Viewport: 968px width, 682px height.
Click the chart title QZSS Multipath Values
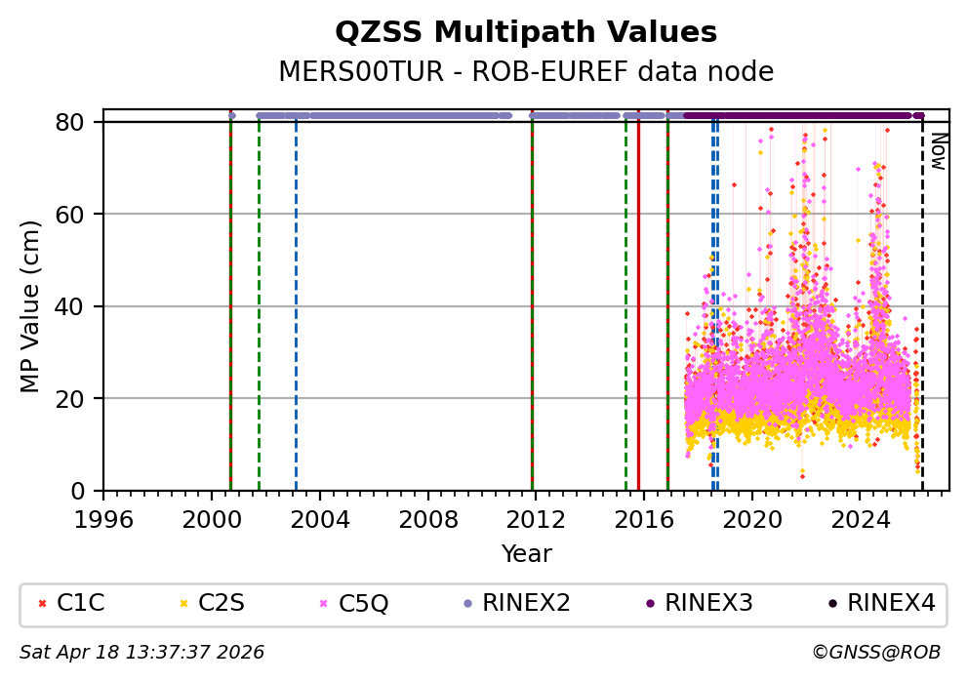pyautogui.click(x=526, y=33)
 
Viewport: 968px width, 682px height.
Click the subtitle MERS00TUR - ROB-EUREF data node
pyautogui.click(x=526, y=72)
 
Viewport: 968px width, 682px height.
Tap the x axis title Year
pyautogui.click(x=526, y=555)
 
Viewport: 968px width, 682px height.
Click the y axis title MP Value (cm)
pyautogui.click(x=31, y=306)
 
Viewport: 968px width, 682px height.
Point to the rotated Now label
pyautogui.click(x=937, y=151)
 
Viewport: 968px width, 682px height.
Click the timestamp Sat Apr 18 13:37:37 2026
pyautogui.click(x=142, y=652)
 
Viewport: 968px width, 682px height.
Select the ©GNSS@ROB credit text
pyautogui.click(x=876, y=652)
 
